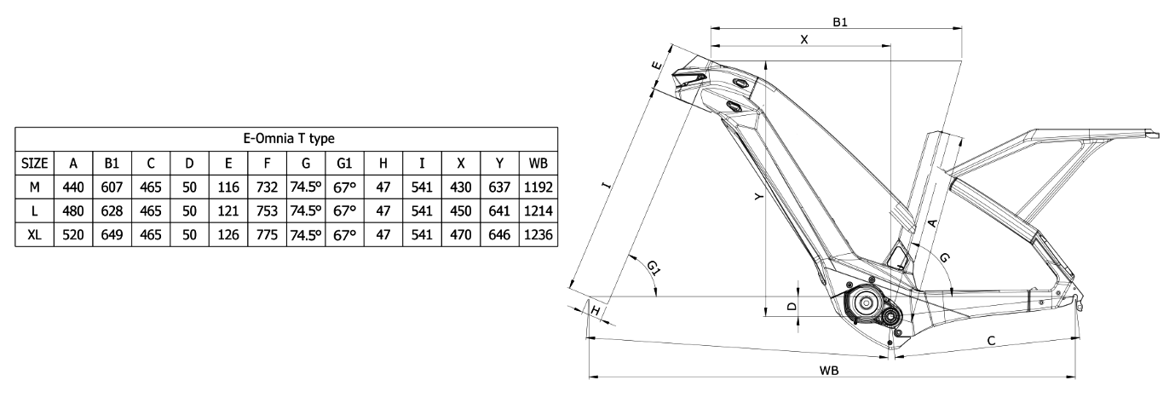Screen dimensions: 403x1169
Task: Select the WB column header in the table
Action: coord(538,162)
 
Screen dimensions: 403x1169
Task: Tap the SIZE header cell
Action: coord(34,162)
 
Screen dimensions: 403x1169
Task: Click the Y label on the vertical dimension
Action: coord(757,196)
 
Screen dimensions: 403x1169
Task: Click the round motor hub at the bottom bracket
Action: coord(864,302)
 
